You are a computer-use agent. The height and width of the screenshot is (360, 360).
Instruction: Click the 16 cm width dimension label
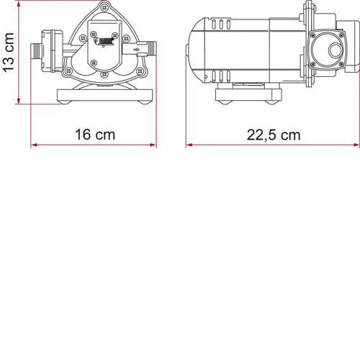click(95, 135)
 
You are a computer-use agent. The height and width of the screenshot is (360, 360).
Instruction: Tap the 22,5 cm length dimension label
click(274, 135)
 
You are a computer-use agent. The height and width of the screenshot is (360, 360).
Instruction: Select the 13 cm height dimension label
click(9, 53)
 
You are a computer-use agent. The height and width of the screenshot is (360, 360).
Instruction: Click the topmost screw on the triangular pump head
click(104, 8)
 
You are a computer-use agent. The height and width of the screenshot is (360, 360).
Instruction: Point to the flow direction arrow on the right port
click(136, 50)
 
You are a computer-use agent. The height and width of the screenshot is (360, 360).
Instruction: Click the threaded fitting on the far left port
click(35, 50)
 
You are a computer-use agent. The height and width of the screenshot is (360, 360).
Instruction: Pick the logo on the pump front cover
click(105, 41)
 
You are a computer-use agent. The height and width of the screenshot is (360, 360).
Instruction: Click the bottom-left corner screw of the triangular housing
click(68, 71)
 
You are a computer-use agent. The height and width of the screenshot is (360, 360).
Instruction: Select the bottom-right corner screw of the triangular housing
click(140, 71)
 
